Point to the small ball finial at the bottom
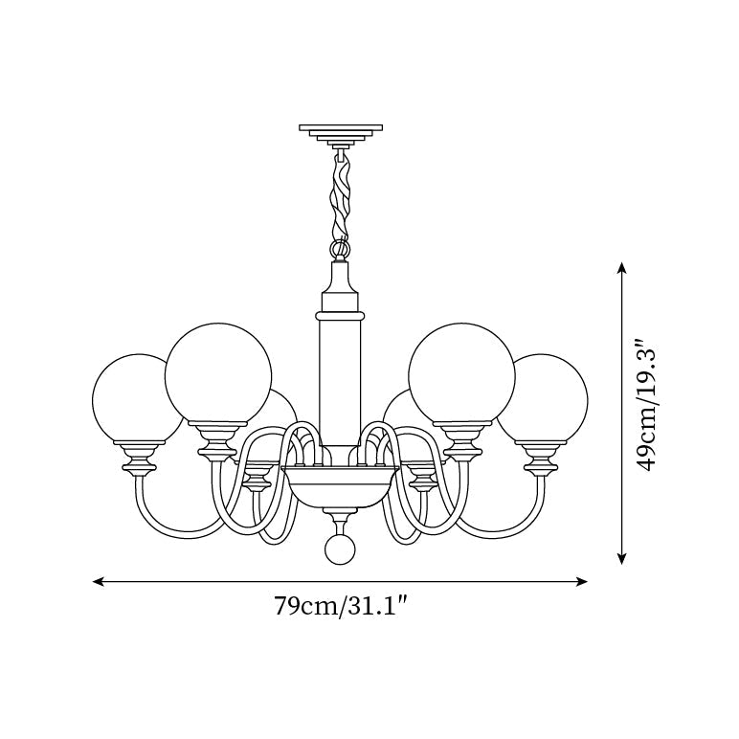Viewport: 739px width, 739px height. pyautogui.click(x=340, y=549)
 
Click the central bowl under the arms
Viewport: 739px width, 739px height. pyautogui.click(x=340, y=488)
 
